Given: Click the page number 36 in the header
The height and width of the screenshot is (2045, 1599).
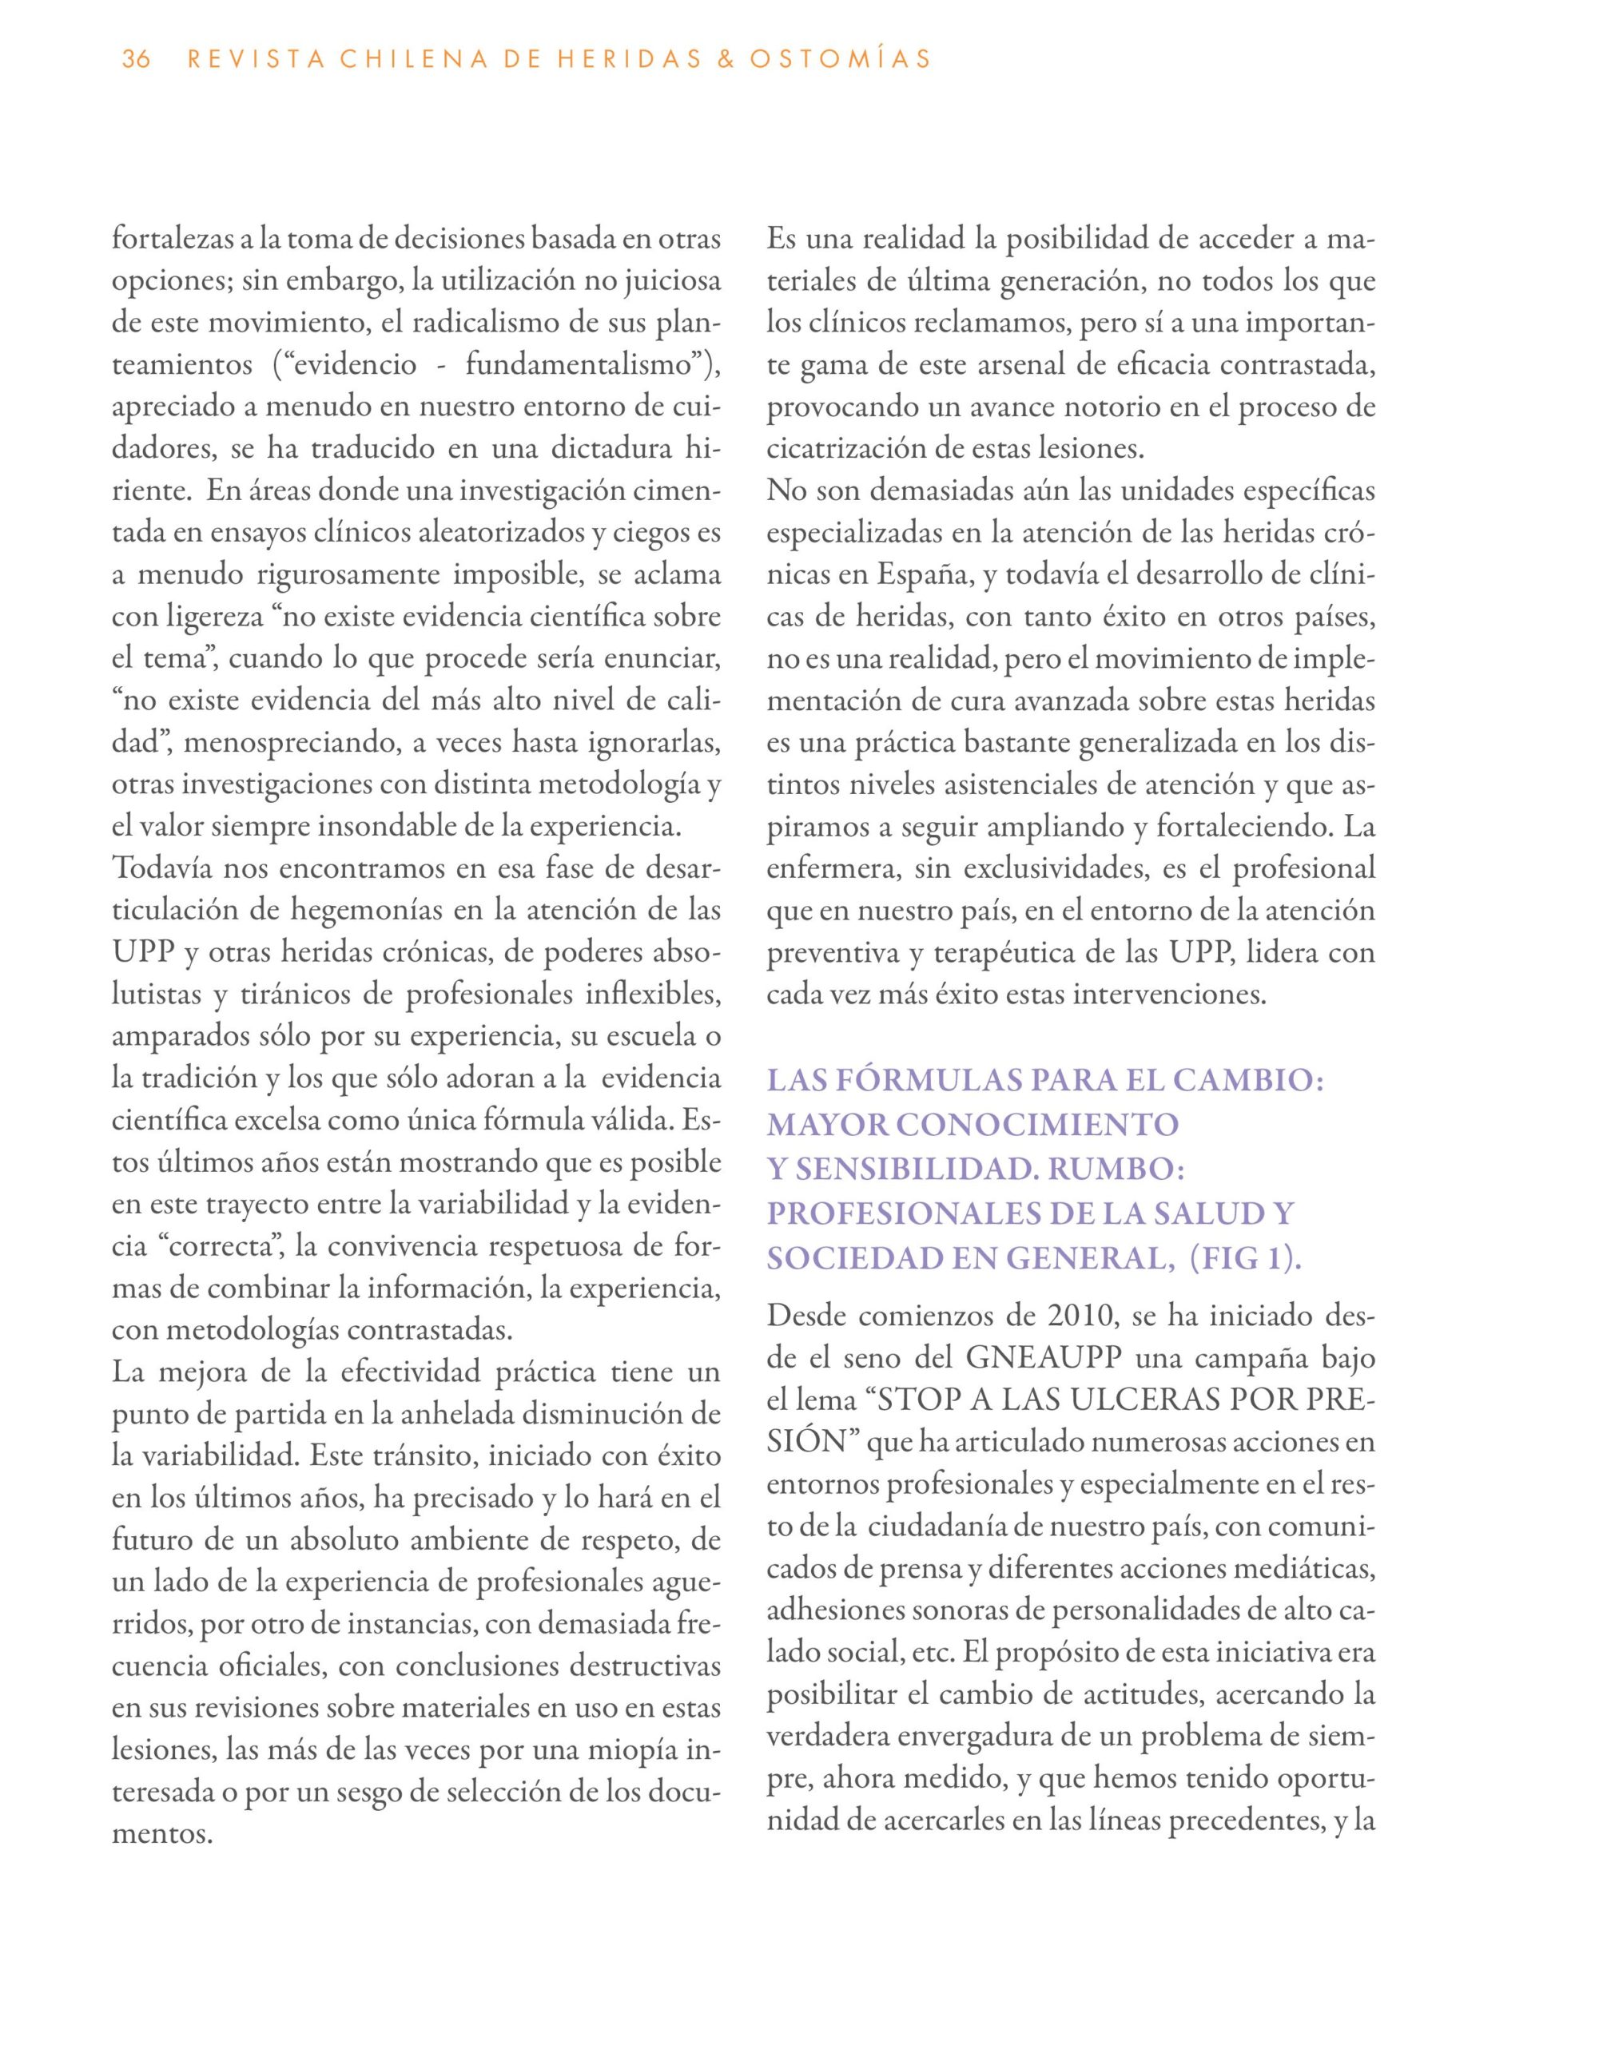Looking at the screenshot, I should [136, 60].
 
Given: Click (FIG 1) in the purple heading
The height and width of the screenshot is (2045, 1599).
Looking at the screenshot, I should [1244, 1257].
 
